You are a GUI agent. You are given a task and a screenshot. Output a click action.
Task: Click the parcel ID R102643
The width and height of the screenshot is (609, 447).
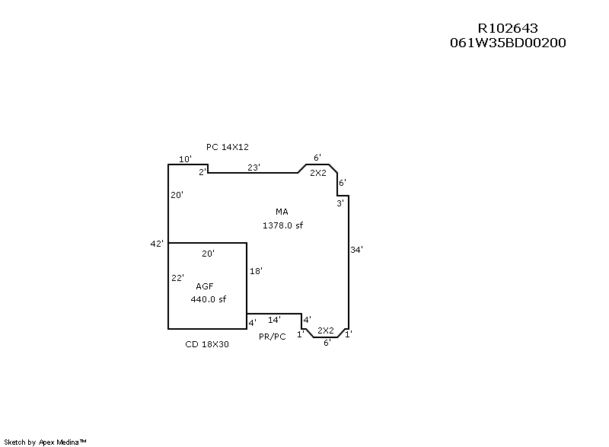pos(508,28)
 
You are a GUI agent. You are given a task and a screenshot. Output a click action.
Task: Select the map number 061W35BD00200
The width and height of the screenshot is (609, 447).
pos(508,43)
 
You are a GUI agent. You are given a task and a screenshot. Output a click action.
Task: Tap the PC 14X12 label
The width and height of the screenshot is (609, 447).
pos(227,147)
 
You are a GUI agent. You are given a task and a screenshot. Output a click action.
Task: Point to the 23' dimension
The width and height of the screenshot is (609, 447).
pos(253,168)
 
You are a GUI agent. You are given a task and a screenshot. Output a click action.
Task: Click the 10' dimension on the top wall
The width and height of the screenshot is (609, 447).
pos(185,159)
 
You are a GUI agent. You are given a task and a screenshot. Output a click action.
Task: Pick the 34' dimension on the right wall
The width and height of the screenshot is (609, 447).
pos(356,250)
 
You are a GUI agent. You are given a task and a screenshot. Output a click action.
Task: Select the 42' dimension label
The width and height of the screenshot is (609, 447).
pos(157,244)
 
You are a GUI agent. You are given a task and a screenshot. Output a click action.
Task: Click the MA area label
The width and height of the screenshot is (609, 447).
pos(282,212)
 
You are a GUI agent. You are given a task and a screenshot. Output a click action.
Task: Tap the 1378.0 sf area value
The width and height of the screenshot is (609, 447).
pos(282,225)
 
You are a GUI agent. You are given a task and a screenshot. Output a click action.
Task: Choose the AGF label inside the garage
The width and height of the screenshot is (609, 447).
pos(205,286)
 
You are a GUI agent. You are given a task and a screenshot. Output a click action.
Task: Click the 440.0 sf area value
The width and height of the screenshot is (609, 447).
pos(208,299)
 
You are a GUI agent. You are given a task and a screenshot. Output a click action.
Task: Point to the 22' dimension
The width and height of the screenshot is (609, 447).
pos(177,278)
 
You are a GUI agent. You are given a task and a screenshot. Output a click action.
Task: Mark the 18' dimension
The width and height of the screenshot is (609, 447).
pos(256,271)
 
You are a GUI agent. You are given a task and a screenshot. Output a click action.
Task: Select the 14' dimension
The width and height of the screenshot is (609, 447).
pos(274,320)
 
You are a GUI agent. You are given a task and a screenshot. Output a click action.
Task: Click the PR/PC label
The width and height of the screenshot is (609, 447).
pos(273,337)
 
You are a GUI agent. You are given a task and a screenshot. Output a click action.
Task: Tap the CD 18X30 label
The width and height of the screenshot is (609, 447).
pos(207,344)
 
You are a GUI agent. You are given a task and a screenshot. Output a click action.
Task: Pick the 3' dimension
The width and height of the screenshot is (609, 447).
pos(340,203)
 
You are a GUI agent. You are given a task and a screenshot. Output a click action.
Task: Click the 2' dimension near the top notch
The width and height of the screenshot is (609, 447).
pos(202,172)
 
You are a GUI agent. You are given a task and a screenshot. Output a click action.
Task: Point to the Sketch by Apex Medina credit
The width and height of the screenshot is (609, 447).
pos(45,442)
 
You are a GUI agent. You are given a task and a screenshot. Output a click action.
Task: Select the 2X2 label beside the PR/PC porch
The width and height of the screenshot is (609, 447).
pos(326,330)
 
